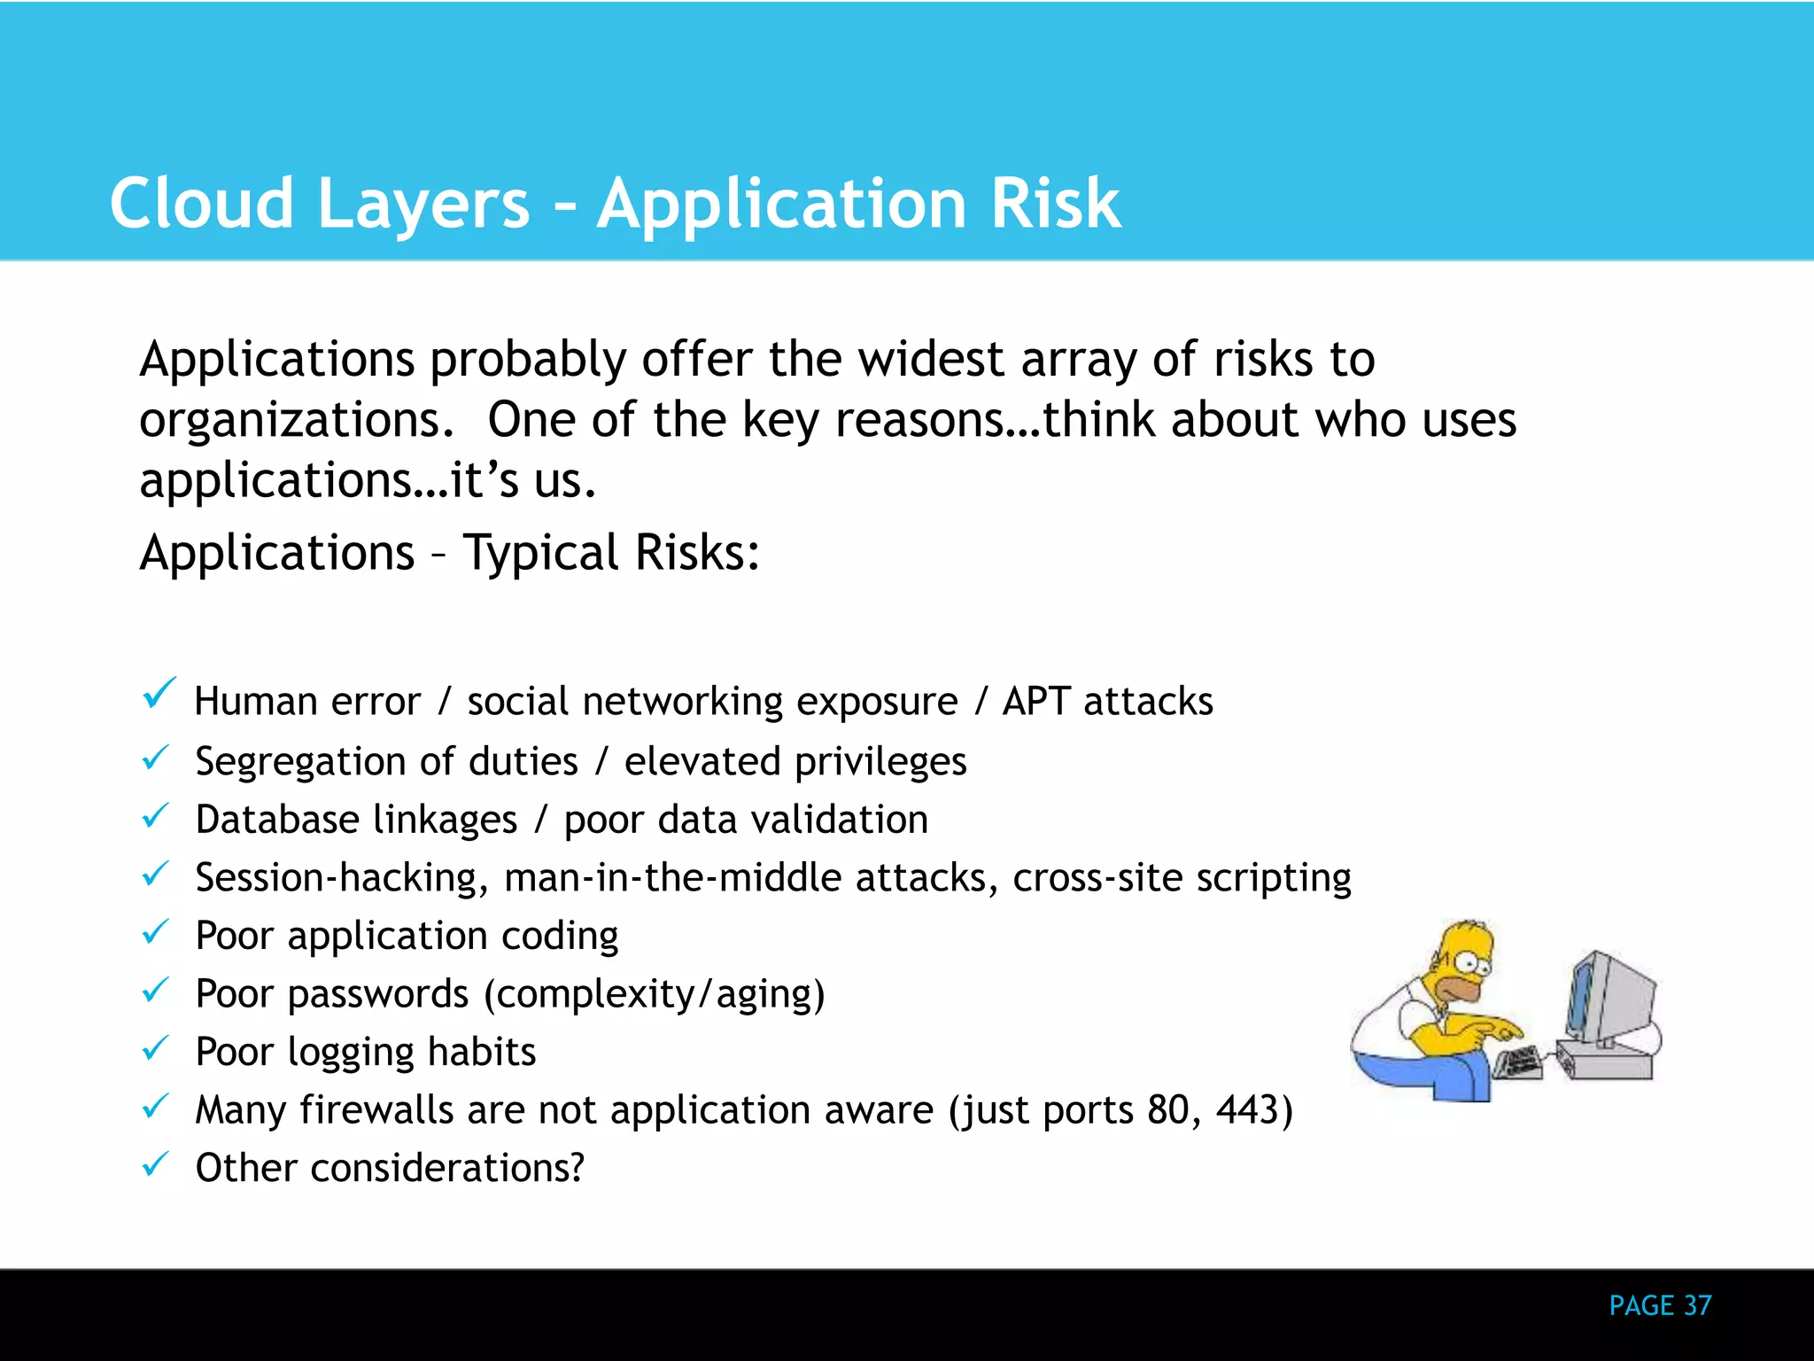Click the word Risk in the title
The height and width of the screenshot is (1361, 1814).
click(1054, 204)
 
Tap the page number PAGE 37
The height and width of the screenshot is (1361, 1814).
click(1660, 1305)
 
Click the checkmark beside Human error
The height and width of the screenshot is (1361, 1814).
click(159, 694)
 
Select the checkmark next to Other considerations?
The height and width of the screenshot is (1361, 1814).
click(155, 1163)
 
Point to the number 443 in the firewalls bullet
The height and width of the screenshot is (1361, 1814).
click(1248, 1109)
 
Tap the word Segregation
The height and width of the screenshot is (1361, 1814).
click(300, 762)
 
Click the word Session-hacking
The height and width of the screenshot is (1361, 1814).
click(341, 878)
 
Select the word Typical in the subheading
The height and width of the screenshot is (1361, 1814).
click(540, 553)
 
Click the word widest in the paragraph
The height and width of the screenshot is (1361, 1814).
click(931, 360)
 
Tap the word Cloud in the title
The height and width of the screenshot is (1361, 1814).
click(201, 204)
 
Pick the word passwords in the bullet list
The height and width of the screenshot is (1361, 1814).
click(378, 994)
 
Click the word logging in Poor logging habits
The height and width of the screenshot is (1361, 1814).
click(351, 1053)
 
